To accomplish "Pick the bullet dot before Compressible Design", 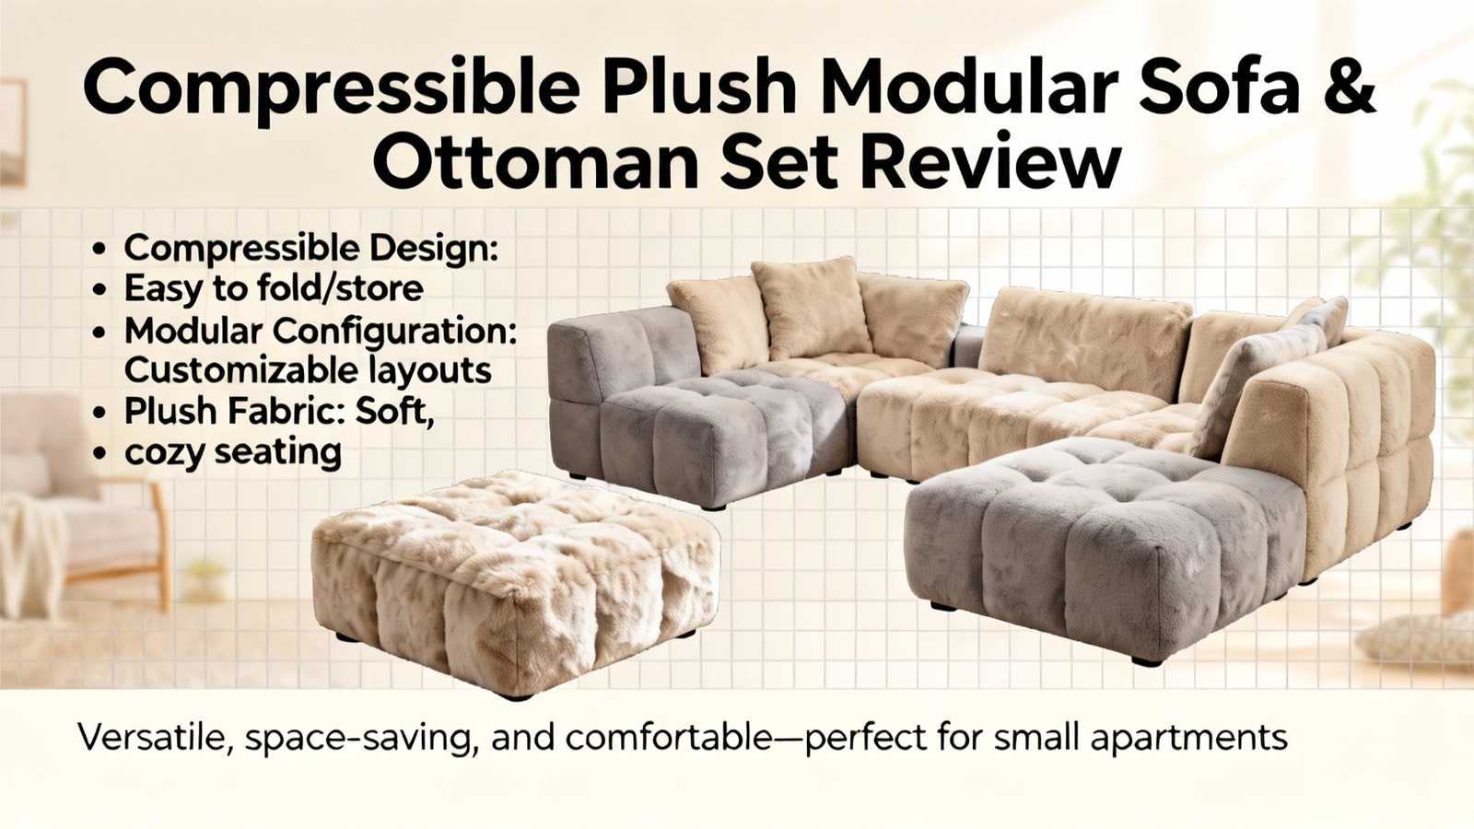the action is pyautogui.click(x=99, y=250).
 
